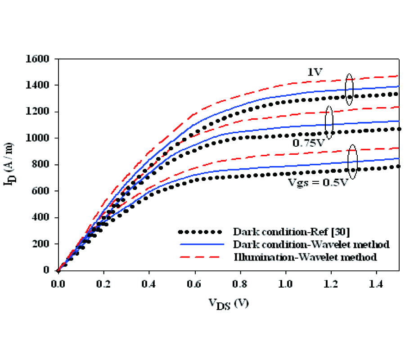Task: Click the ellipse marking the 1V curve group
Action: point(349,90)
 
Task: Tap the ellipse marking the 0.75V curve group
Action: point(329,122)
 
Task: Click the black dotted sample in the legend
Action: point(201,232)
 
